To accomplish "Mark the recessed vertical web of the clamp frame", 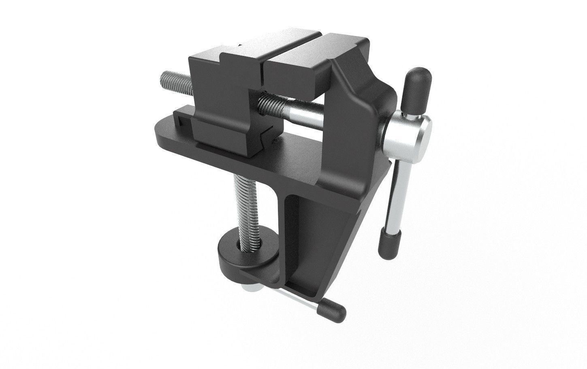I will click(x=308, y=235).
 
